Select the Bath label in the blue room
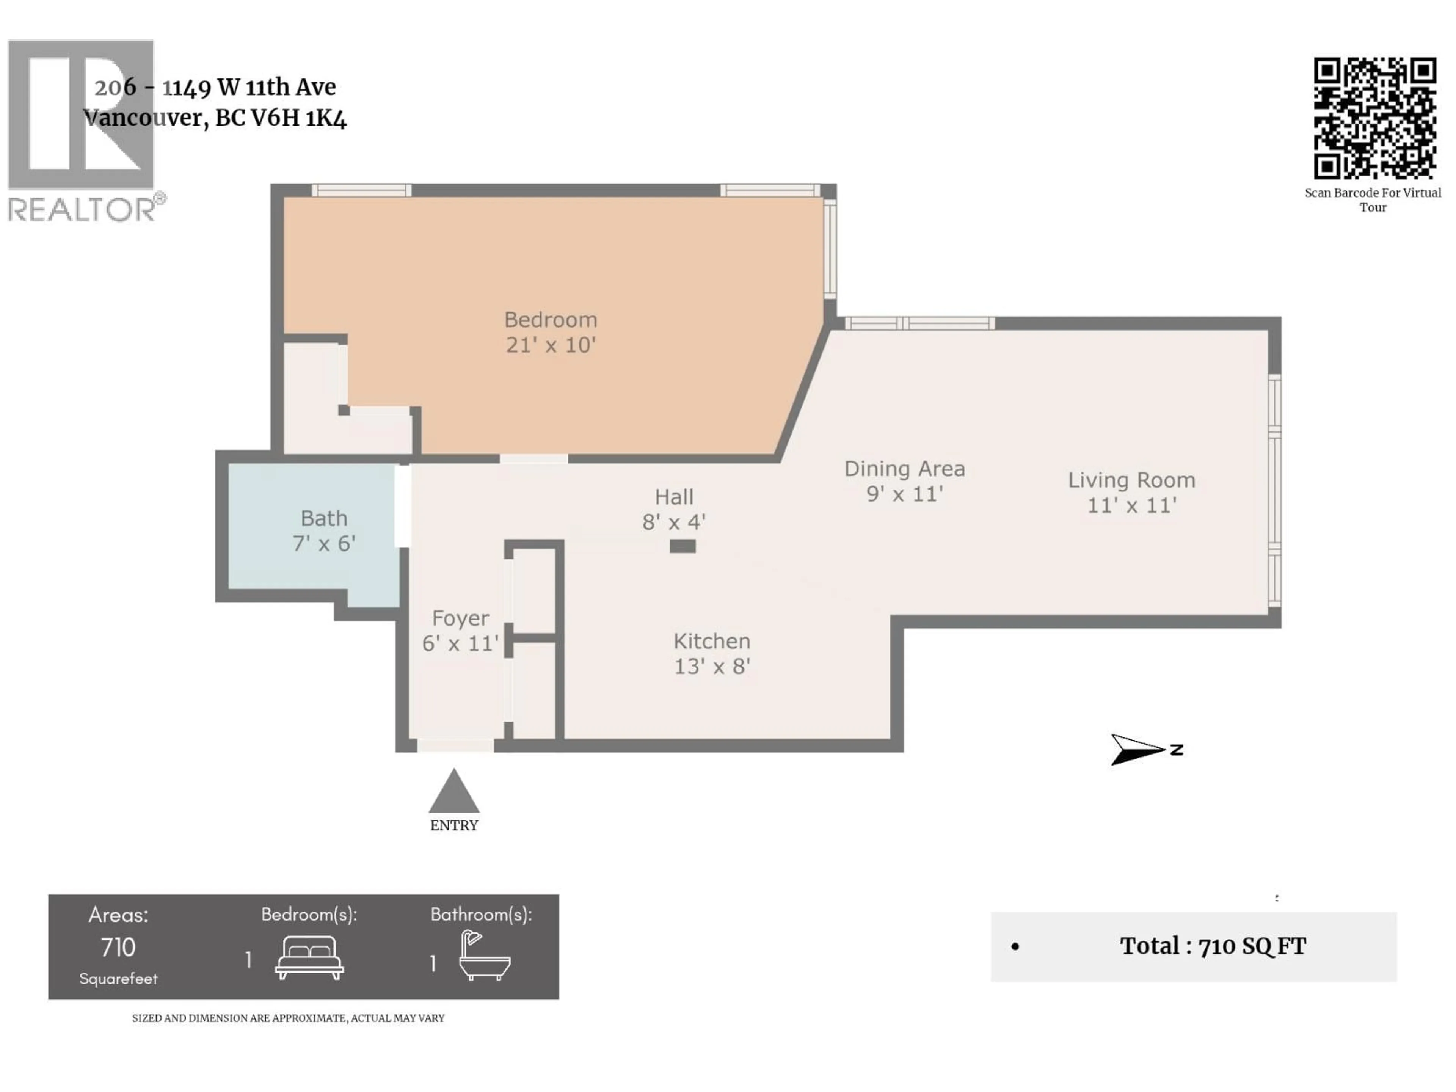point(324,519)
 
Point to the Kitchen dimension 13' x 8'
point(712,666)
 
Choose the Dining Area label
point(904,469)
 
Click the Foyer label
point(460,618)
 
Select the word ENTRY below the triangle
point(453,825)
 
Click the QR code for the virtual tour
point(1374,118)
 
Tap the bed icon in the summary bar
point(309,959)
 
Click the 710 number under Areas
point(118,947)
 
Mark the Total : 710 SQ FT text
point(1213,946)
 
